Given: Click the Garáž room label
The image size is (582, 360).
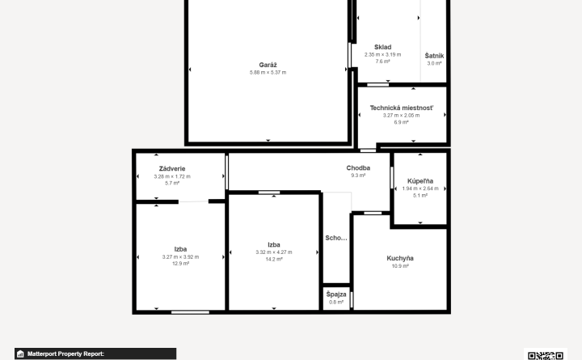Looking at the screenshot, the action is click(x=268, y=65).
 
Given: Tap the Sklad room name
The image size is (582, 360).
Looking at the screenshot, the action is click(x=382, y=47).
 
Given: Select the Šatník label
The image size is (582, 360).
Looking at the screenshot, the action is click(x=434, y=56).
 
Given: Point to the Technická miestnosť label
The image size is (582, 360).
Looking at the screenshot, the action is click(x=401, y=108).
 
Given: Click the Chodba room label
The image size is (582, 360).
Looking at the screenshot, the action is click(x=358, y=168).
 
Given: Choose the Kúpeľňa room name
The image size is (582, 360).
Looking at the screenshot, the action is click(x=420, y=181).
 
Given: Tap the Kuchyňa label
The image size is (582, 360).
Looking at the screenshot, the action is click(x=400, y=258).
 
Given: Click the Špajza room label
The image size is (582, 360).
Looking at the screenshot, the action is click(x=336, y=294).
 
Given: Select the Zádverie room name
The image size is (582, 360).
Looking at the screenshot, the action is click(x=172, y=168).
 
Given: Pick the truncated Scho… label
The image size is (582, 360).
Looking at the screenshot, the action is click(x=336, y=238).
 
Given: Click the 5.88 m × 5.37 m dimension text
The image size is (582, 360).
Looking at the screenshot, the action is click(x=268, y=73).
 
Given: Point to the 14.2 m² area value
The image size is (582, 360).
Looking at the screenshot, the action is click(x=274, y=260).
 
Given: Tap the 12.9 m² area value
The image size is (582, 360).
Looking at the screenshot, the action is click(x=181, y=264).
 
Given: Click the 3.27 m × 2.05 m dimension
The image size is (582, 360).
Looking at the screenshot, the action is click(x=401, y=116).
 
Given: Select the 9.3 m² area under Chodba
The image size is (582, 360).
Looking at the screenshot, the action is click(x=358, y=176).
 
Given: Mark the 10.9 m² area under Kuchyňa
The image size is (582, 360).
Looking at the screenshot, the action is click(x=400, y=266).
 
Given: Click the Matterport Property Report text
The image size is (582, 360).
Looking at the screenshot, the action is click(x=65, y=354).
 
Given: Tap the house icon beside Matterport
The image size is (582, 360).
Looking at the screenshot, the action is click(x=20, y=354).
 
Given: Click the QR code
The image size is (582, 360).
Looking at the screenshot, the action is click(x=546, y=355).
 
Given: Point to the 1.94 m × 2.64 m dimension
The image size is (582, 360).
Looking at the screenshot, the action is click(x=420, y=188).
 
